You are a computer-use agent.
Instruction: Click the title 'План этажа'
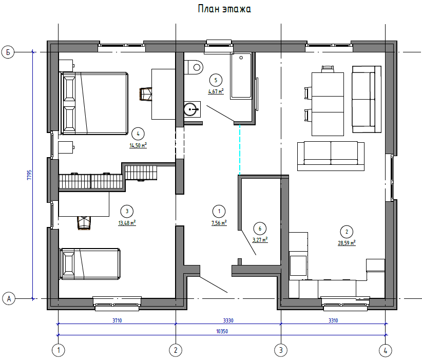(x=224, y=9)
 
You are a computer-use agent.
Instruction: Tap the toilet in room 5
(x=194, y=67)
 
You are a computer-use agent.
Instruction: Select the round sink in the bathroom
(x=192, y=109)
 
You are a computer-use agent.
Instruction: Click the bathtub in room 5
(x=241, y=76)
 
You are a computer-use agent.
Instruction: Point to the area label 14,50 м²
(x=138, y=145)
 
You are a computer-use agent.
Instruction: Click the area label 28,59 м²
(x=347, y=243)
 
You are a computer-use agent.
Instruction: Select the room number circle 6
(x=260, y=229)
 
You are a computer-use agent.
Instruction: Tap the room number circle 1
(x=219, y=212)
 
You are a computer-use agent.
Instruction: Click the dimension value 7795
(x=29, y=175)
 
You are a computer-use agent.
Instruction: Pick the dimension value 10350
(x=222, y=331)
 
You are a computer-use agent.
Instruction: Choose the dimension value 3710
(x=117, y=320)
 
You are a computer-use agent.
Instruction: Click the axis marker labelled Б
(x=8, y=52)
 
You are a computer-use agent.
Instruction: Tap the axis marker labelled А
(x=9, y=298)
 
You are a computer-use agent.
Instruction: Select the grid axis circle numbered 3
(x=281, y=350)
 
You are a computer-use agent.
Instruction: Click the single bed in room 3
(x=90, y=264)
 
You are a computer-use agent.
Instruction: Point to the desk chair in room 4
(x=146, y=94)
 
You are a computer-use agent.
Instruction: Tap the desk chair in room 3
(x=84, y=223)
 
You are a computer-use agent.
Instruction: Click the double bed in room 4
(x=94, y=103)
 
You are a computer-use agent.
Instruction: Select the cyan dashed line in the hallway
(x=240, y=150)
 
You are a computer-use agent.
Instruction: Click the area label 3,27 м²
(x=260, y=240)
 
